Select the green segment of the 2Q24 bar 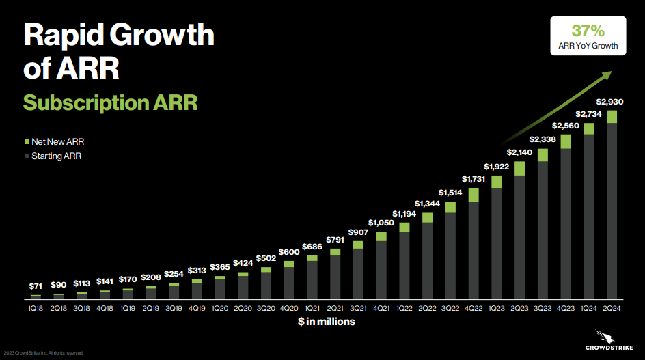[612, 117]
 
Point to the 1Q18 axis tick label [36, 308]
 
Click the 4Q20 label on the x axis [289, 308]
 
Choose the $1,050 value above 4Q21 [381, 223]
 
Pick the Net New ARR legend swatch [27, 142]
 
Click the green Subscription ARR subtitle [110, 102]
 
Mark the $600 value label [289, 253]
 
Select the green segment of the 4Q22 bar [474, 195]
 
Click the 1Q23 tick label [497, 308]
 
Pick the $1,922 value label [497, 167]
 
